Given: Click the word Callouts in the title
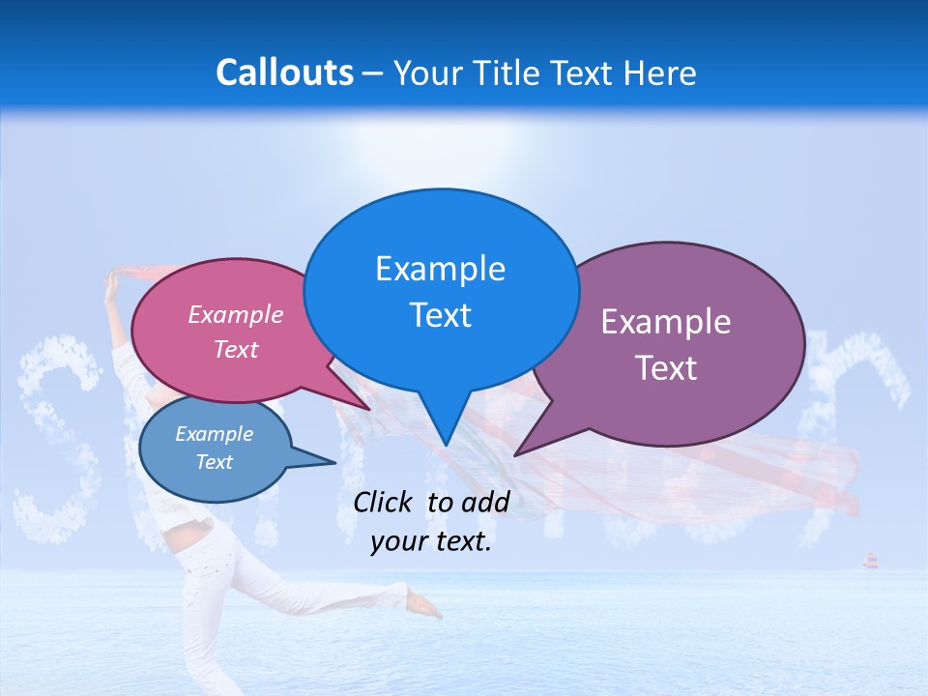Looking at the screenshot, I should tap(284, 72).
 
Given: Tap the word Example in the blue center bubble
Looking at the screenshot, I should tap(440, 269).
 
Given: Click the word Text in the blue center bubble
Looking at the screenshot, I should tap(440, 315).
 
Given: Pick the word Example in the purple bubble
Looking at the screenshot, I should tap(666, 322).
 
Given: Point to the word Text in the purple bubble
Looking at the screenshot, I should tap(666, 368).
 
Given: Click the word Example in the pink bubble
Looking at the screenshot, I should tap(236, 314).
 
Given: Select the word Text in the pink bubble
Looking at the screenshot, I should tap(236, 349).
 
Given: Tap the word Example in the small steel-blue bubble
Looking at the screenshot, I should tap(215, 434).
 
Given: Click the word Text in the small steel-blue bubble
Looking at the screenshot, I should tap(215, 461).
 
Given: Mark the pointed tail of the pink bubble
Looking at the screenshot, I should tap(368, 408).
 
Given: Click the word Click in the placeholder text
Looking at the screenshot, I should tap(384, 502).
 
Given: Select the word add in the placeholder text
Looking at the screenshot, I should tap(485, 502).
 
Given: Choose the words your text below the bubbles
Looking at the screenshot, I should tap(431, 541).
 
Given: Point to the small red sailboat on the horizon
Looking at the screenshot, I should tap(869, 561).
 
